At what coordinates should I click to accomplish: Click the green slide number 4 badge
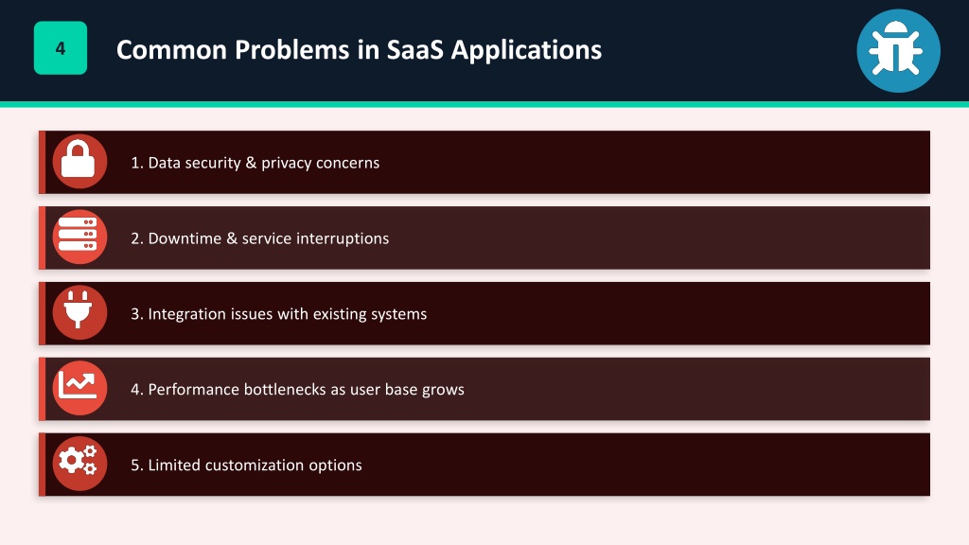coord(61,48)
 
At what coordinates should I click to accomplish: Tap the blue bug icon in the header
coord(898,51)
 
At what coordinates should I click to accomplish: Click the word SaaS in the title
coord(414,49)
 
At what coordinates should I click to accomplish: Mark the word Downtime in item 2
coord(185,238)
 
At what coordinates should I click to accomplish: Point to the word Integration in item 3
coord(187,314)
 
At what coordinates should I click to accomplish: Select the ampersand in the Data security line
coord(251,163)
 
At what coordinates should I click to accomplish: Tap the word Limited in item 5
coord(174,465)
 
